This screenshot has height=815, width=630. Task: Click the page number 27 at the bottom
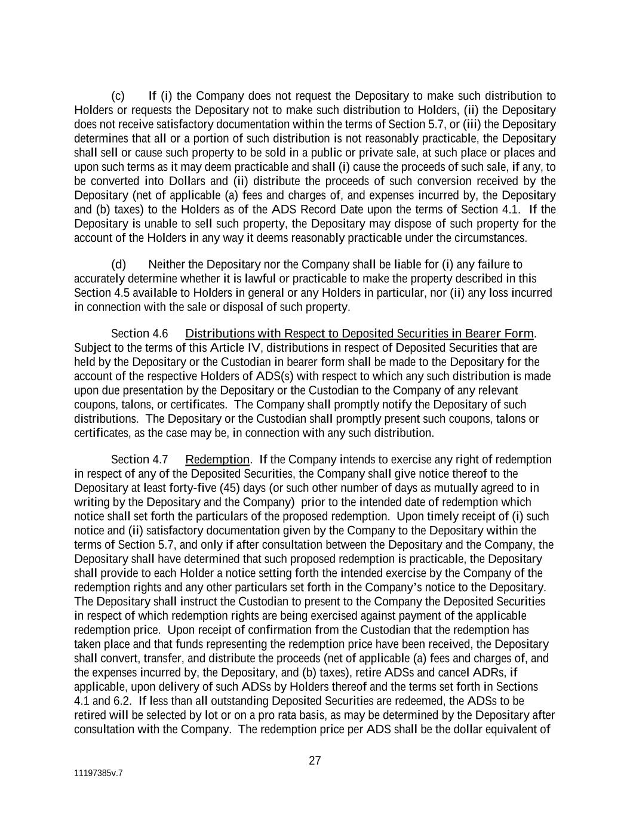315,761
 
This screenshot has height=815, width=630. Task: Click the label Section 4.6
139,333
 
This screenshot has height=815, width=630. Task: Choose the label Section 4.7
139,460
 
